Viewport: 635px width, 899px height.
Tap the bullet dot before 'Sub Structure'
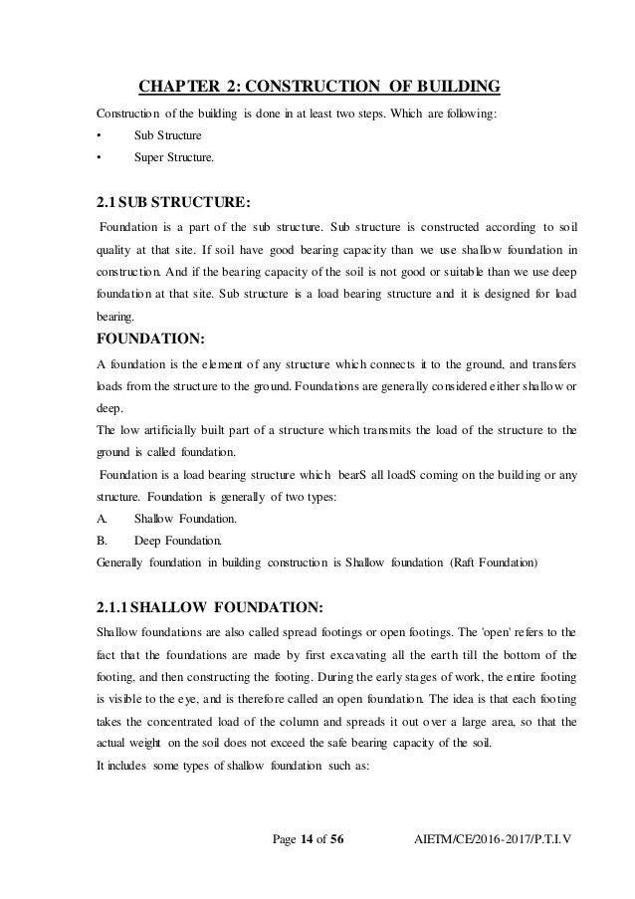(x=98, y=134)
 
